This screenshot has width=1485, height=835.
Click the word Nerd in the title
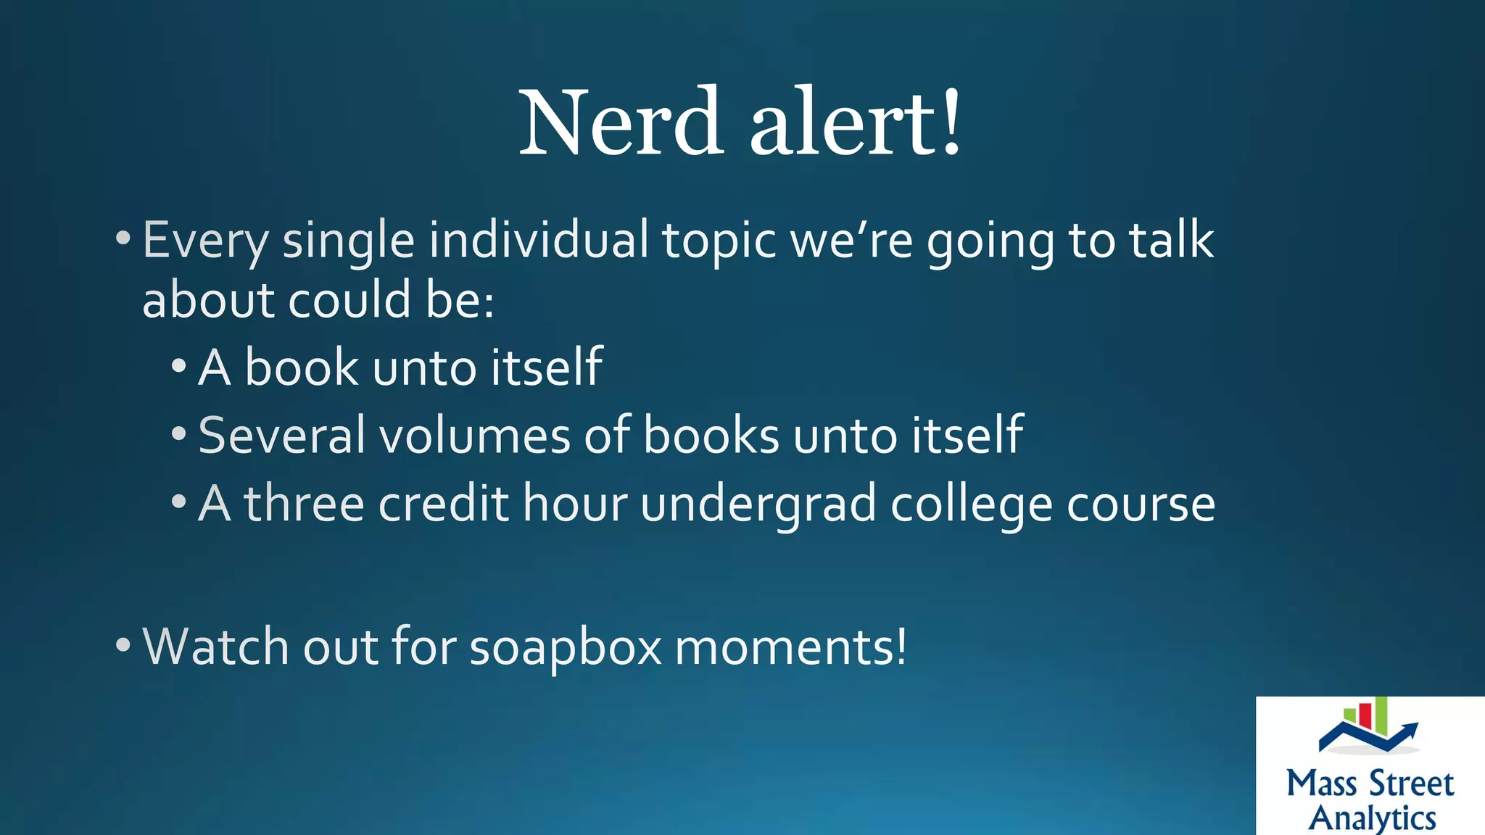621,122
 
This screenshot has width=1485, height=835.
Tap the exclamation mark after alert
951,122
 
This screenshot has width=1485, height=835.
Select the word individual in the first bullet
539,241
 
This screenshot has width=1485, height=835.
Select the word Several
281,435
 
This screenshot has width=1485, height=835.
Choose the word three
304,503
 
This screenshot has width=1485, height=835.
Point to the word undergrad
758,504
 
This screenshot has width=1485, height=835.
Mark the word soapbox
566,647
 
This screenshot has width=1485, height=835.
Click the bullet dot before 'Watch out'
123,644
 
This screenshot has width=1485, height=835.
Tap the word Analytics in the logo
1372,818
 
